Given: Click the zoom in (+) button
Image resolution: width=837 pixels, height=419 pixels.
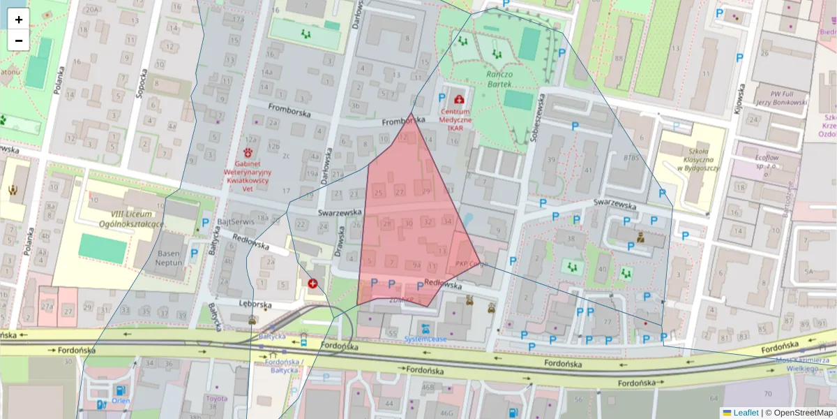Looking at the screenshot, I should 19,20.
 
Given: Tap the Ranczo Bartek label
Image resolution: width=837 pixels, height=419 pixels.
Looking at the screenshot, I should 499,79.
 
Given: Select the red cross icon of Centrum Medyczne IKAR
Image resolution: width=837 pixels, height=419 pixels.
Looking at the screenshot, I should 458,100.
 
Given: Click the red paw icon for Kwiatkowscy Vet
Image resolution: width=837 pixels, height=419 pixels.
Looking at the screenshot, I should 248,152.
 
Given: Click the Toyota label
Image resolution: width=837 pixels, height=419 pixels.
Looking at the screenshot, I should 216,399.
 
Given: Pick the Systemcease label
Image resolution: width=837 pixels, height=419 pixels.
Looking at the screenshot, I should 425,339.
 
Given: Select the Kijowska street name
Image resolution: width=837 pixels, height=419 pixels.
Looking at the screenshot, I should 739,102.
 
